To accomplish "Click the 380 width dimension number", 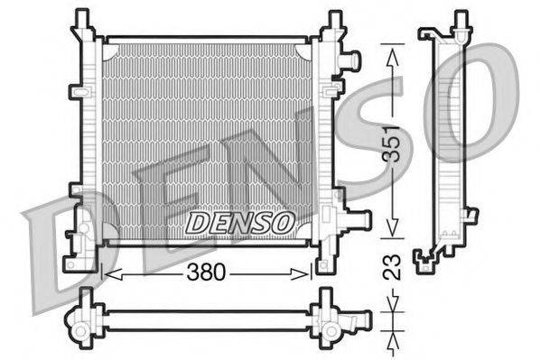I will [209, 271].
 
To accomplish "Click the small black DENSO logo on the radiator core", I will [238, 221].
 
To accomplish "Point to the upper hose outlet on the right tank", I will [351, 60].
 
